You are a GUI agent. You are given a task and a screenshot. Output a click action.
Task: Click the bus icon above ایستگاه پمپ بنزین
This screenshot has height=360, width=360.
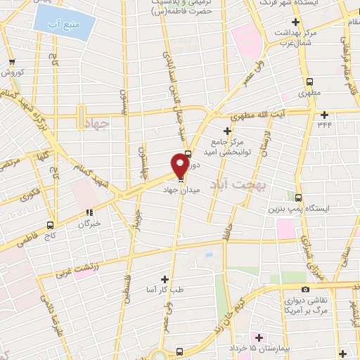[299, 198]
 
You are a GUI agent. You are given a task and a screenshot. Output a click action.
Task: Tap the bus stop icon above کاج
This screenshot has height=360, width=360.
[50, 225]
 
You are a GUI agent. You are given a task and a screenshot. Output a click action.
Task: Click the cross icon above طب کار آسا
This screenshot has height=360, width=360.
[165, 279]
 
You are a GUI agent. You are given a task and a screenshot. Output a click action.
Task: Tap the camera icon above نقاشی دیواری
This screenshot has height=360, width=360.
[304, 289]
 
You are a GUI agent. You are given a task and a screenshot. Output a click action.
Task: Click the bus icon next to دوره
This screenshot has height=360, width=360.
[187, 156]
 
